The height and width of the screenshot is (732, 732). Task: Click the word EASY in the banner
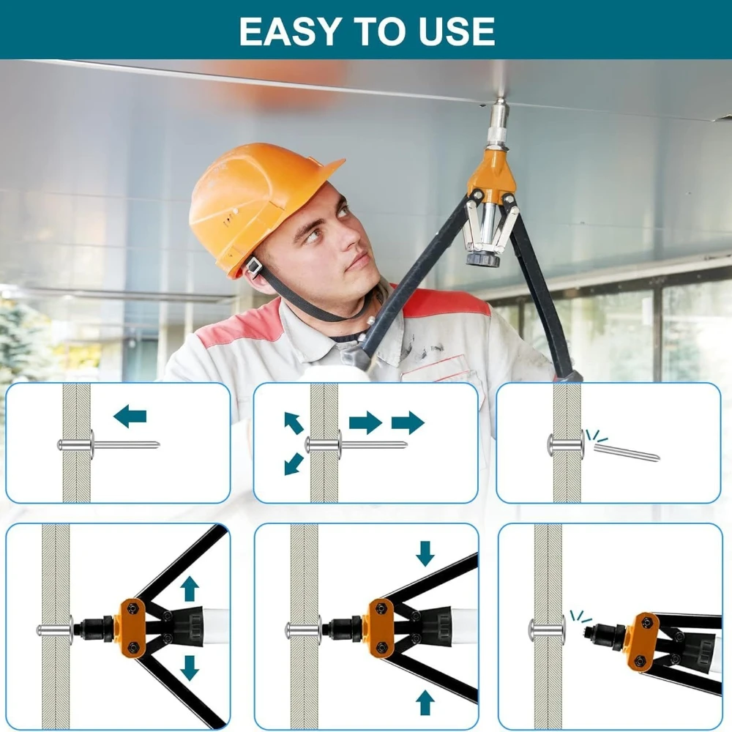[x=288, y=31]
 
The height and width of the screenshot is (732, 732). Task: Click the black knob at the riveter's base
[x=482, y=258]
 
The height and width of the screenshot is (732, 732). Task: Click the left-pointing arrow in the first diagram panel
[x=130, y=416]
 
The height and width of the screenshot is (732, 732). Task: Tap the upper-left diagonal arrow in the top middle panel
[x=294, y=423]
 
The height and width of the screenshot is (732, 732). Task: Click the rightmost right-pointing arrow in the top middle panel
[x=408, y=422]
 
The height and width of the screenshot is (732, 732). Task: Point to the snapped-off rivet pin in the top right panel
[x=627, y=452]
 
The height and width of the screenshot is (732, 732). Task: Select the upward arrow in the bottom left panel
[x=190, y=589]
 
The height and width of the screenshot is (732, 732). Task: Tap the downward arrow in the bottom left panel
[x=190, y=668]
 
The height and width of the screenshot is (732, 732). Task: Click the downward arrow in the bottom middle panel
[x=425, y=553]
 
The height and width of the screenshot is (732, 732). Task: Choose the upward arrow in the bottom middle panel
[x=425, y=702]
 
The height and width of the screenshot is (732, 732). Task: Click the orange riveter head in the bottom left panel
[x=133, y=628]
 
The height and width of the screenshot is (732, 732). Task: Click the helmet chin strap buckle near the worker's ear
[x=254, y=267]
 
